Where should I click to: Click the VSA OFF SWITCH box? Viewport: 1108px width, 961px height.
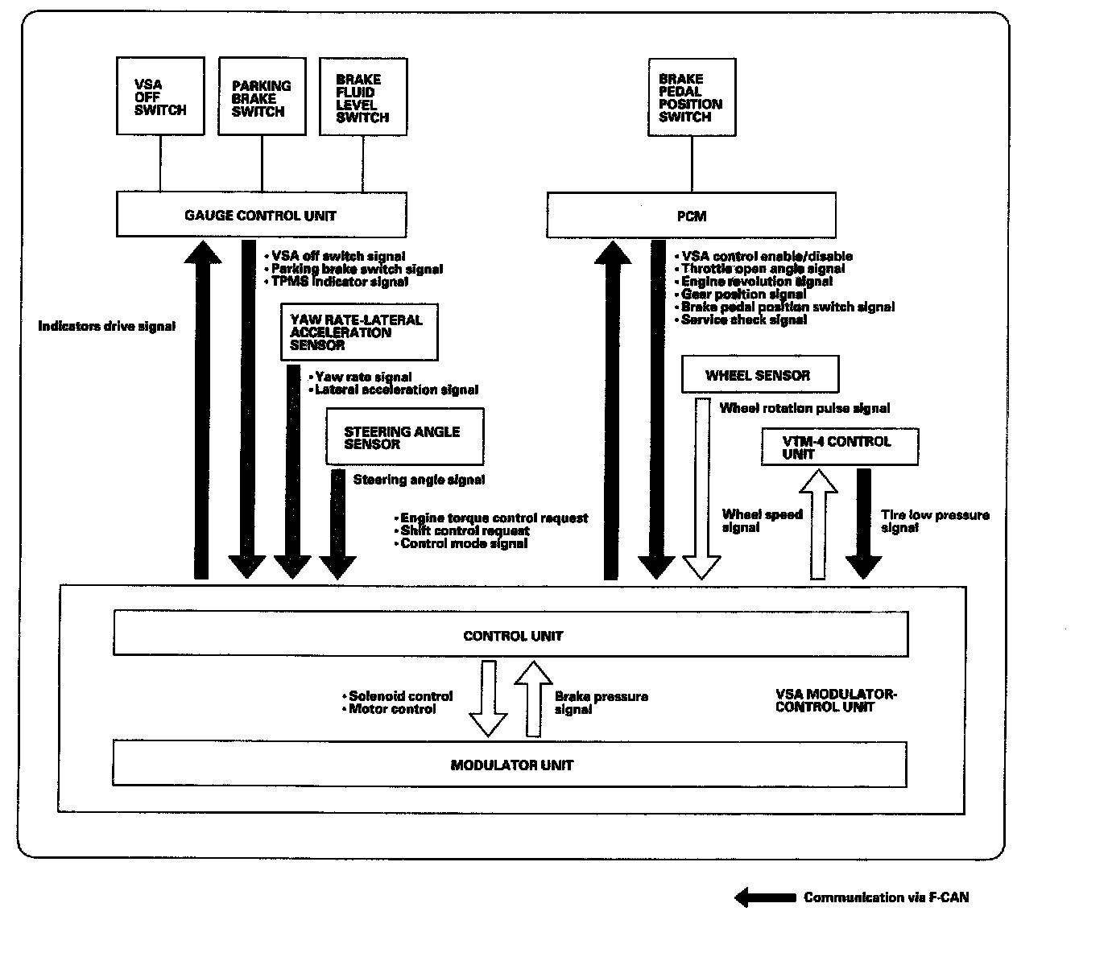click(x=160, y=96)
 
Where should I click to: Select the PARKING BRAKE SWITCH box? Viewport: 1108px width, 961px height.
click(x=263, y=97)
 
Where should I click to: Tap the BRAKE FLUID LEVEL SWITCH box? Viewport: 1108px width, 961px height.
click(x=363, y=97)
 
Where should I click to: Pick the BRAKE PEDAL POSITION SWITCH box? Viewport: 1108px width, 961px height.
click(x=692, y=97)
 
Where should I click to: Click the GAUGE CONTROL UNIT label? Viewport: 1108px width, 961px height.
click(x=260, y=216)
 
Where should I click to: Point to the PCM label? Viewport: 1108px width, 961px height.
click(x=692, y=217)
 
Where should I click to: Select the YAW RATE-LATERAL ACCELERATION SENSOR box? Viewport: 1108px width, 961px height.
click(x=360, y=332)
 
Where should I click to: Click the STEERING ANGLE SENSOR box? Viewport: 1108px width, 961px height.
click(x=405, y=436)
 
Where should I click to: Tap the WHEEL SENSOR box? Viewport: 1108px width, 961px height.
click(x=760, y=374)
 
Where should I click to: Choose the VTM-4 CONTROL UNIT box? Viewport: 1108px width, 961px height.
click(x=840, y=447)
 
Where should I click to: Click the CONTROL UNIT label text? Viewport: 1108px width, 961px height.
click(x=513, y=636)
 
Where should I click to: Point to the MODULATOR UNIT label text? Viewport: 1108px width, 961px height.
click(x=512, y=765)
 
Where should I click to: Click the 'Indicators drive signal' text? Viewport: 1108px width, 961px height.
click(x=106, y=326)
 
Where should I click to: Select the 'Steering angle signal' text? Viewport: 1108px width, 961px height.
click(x=420, y=480)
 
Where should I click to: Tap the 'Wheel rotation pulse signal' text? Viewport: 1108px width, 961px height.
click(x=804, y=408)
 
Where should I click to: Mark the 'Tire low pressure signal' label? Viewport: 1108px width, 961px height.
click(x=935, y=521)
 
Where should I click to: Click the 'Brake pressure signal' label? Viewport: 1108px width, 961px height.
click(x=602, y=703)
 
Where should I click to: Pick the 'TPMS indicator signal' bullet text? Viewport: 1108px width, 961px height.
click(x=340, y=282)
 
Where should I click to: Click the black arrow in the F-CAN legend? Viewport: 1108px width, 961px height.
click(x=765, y=897)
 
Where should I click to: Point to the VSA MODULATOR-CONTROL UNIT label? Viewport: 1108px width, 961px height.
click(x=836, y=700)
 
